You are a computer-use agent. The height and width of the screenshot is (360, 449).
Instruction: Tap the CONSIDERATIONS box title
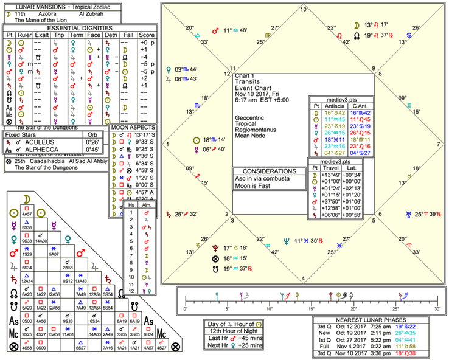point(267,171)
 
